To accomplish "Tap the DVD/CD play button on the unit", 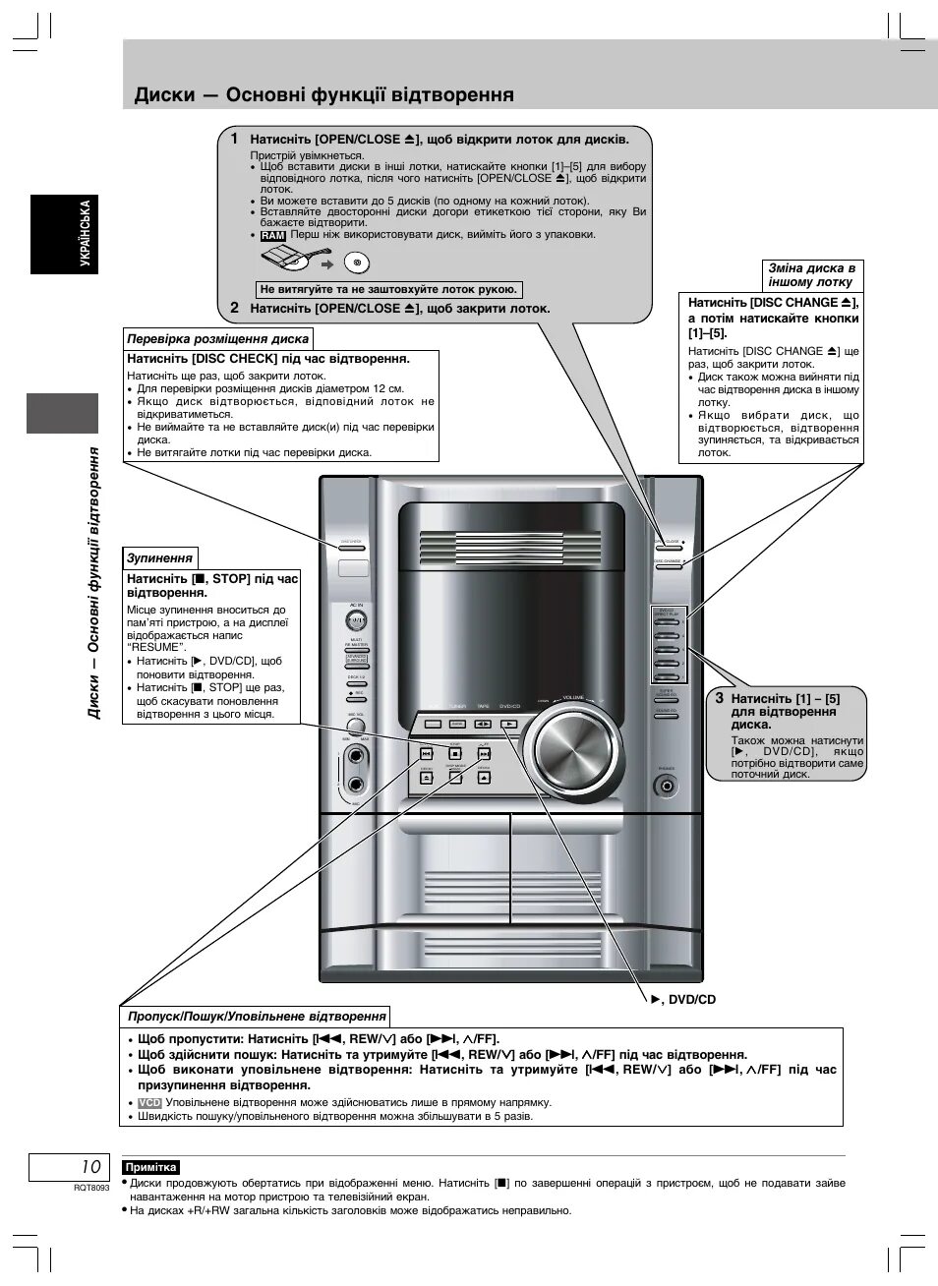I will (507, 724).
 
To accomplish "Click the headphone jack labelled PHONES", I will (669, 786).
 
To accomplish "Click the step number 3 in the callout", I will (719, 698).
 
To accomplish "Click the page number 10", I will (90, 1167).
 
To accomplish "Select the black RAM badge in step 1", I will (272, 236).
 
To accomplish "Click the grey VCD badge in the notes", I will (149, 1103).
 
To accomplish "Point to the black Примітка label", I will (151, 1167).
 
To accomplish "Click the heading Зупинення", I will (159, 557).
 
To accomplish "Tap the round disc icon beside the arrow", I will (357, 263).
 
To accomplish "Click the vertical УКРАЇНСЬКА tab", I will (86, 234).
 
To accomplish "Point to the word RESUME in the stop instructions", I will (156, 648).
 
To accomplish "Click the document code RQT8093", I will (90, 1188).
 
